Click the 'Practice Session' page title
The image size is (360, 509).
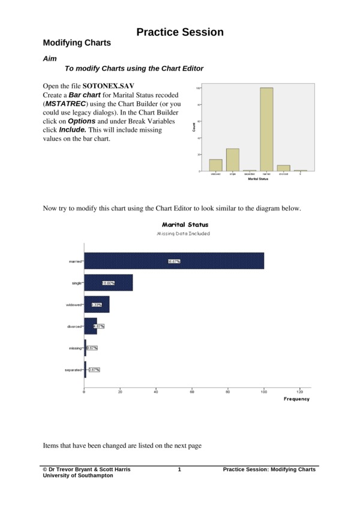pyautogui.click(x=180, y=32)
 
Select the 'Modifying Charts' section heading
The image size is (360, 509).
pyautogui.click(x=77, y=44)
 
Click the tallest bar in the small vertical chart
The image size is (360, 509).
pyautogui.click(x=266, y=129)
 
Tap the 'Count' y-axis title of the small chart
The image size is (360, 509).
pyautogui.click(x=194, y=127)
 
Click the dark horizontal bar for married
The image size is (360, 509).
pyautogui.click(x=174, y=261)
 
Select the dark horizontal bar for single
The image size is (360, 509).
pyautogui.click(x=109, y=283)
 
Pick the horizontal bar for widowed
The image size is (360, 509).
pyautogui.click(x=97, y=305)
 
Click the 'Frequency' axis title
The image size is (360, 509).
pyautogui.click(x=296, y=399)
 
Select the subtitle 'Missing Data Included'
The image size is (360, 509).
pyautogui.click(x=184, y=233)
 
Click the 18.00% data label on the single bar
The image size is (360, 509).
pyautogui.click(x=108, y=283)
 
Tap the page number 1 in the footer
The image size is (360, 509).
pyautogui.click(x=179, y=469)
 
